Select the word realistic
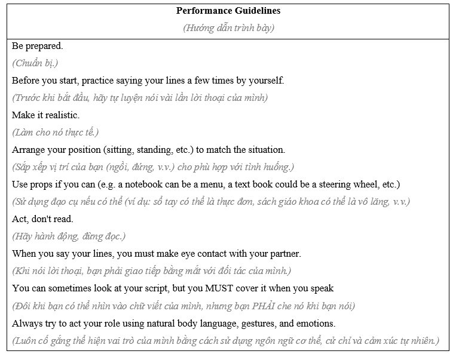pos(60,115)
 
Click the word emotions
pos(313,322)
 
